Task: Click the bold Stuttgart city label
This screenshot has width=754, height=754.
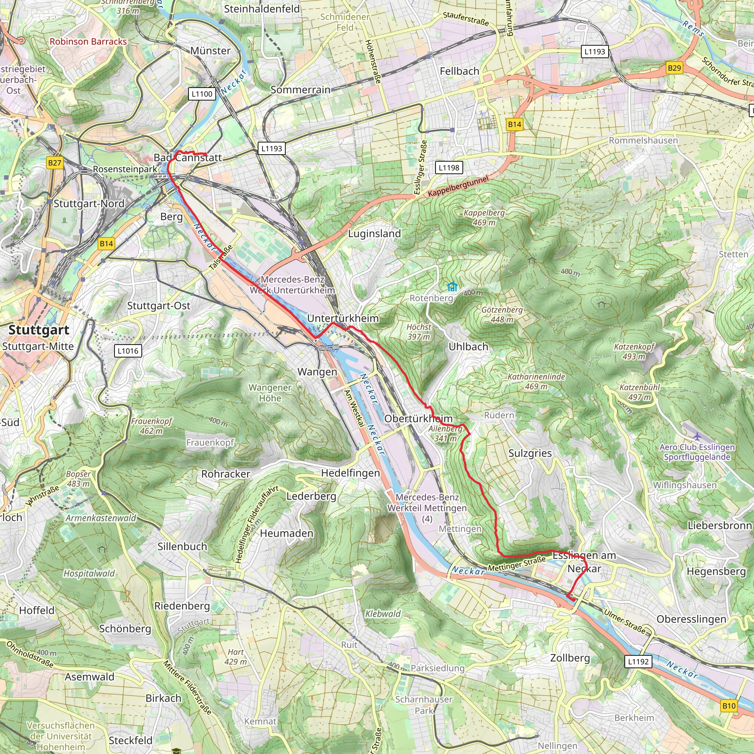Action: click(39, 330)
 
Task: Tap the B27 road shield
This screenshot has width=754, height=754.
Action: click(54, 163)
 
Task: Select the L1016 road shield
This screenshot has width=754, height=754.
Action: click(128, 351)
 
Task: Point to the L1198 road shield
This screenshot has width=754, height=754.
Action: click(449, 168)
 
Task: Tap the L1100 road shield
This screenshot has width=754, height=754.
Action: click(202, 94)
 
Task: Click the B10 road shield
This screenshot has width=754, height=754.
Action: click(729, 706)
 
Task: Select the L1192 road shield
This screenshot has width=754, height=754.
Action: click(638, 662)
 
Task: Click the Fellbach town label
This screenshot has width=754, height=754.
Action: click(459, 71)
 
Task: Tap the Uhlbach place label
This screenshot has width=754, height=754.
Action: click(468, 346)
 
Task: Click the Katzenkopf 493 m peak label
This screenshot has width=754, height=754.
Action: click(634, 351)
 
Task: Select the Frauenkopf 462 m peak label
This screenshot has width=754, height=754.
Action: click(151, 426)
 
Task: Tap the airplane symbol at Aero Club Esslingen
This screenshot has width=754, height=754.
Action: click(697, 436)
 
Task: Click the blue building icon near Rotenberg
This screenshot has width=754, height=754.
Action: click(452, 287)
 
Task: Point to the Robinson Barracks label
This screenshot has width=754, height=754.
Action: click(88, 42)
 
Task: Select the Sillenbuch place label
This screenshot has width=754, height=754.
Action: click(182, 546)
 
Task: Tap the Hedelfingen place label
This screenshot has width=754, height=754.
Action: click(350, 473)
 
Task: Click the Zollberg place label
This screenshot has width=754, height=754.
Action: click(570, 658)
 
